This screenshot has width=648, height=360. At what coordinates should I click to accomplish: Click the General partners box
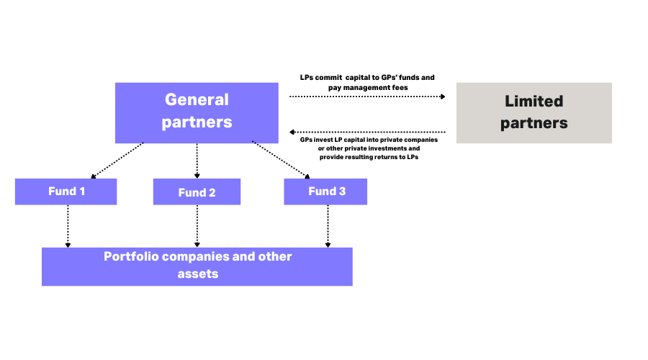(x=197, y=112)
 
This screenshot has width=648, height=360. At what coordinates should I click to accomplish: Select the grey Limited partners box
(x=534, y=112)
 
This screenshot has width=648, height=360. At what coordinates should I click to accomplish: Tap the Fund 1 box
(x=66, y=192)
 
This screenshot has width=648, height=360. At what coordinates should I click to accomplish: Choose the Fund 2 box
(x=197, y=192)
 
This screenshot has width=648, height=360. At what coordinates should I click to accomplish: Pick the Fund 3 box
(x=325, y=192)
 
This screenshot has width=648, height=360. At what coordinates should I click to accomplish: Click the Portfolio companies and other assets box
(x=197, y=266)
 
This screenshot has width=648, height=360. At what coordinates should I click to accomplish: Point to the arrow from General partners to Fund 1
(x=117, y=160)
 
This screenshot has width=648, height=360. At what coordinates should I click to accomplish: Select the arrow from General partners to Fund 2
(x=197, y=160)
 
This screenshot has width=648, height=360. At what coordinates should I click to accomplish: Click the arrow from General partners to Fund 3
(x=281, y=160)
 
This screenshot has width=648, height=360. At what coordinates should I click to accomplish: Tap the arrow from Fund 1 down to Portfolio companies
(x=68, y=225)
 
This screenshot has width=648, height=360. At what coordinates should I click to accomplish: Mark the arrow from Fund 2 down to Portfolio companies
(x=197, y=225)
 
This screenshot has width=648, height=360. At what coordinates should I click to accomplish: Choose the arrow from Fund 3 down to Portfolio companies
(x=328, y=225)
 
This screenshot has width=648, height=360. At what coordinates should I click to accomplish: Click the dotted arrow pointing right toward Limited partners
(x=367, y=95)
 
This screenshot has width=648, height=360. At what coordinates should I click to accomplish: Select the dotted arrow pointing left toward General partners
(x=367, y=132)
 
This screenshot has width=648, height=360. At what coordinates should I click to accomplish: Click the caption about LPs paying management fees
(x=367, y=81)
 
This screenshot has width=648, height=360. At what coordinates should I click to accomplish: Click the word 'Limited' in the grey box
(x=534, y=102)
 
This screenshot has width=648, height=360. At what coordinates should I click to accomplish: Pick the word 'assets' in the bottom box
(x=197, y=274)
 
